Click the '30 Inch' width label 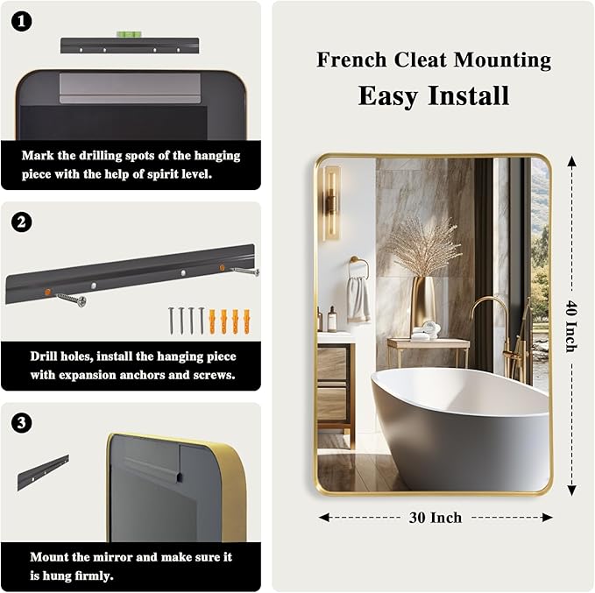click(436, 518)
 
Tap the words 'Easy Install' click(434, 95)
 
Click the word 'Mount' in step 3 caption click(48, 556)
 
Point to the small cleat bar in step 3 click(43, 472)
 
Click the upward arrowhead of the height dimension click(571, 161)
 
